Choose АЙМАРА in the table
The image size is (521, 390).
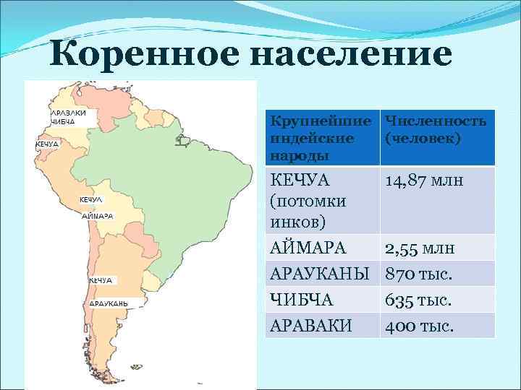(308, 248)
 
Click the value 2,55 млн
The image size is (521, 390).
(420, 248)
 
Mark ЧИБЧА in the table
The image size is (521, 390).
(299, 300)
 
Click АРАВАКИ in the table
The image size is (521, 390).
(311, 326)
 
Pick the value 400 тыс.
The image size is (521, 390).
(419, 326)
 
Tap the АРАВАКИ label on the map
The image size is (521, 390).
(69, 113)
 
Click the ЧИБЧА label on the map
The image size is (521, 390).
(63, 122)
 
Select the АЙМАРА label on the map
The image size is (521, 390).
(97, 215)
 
